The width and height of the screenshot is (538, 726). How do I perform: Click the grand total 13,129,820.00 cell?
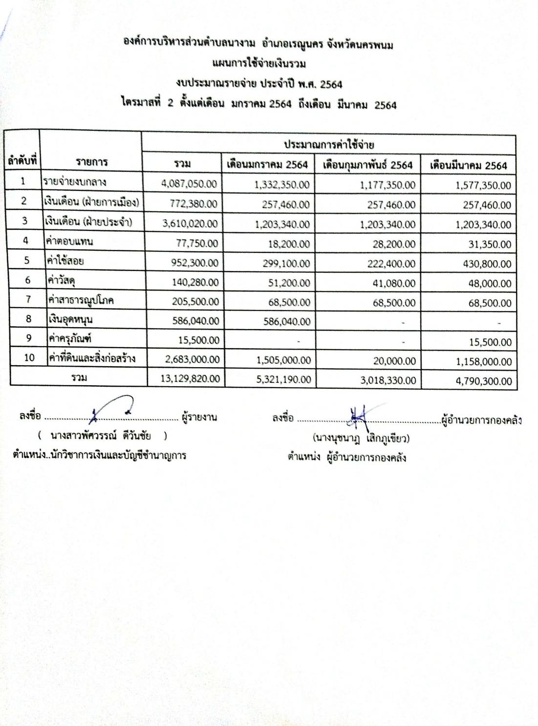point(190,378)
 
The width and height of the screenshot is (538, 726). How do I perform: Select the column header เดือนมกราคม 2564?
point(267,165)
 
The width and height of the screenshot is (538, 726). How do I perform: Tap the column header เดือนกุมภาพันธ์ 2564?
point(367,165)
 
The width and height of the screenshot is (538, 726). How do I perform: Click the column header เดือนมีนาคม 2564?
point(468,166)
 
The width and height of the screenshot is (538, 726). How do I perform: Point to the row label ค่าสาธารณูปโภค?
point(81,300)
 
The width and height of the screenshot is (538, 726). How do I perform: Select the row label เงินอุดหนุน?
point(70,319)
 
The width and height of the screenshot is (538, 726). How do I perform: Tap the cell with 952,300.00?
point(194,263)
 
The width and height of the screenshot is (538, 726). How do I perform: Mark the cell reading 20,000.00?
point(397,361)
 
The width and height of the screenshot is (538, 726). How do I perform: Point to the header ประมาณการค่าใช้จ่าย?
point(329,145)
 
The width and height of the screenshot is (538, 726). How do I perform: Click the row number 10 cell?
point(29,357)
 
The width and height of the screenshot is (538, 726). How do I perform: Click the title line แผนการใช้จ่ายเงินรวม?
point(259,63)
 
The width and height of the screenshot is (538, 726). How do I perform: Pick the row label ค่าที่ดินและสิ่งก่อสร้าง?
point(91,358)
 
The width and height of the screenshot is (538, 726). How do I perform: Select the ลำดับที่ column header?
point(22,160)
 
